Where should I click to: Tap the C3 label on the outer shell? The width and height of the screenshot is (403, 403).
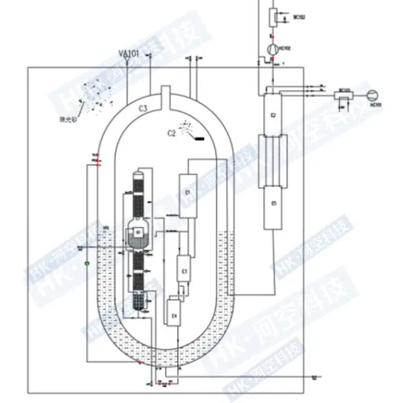142,106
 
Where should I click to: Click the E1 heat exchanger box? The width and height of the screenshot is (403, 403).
189,193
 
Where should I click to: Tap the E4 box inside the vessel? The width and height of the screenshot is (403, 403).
174,310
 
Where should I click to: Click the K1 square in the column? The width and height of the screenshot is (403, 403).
139,231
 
